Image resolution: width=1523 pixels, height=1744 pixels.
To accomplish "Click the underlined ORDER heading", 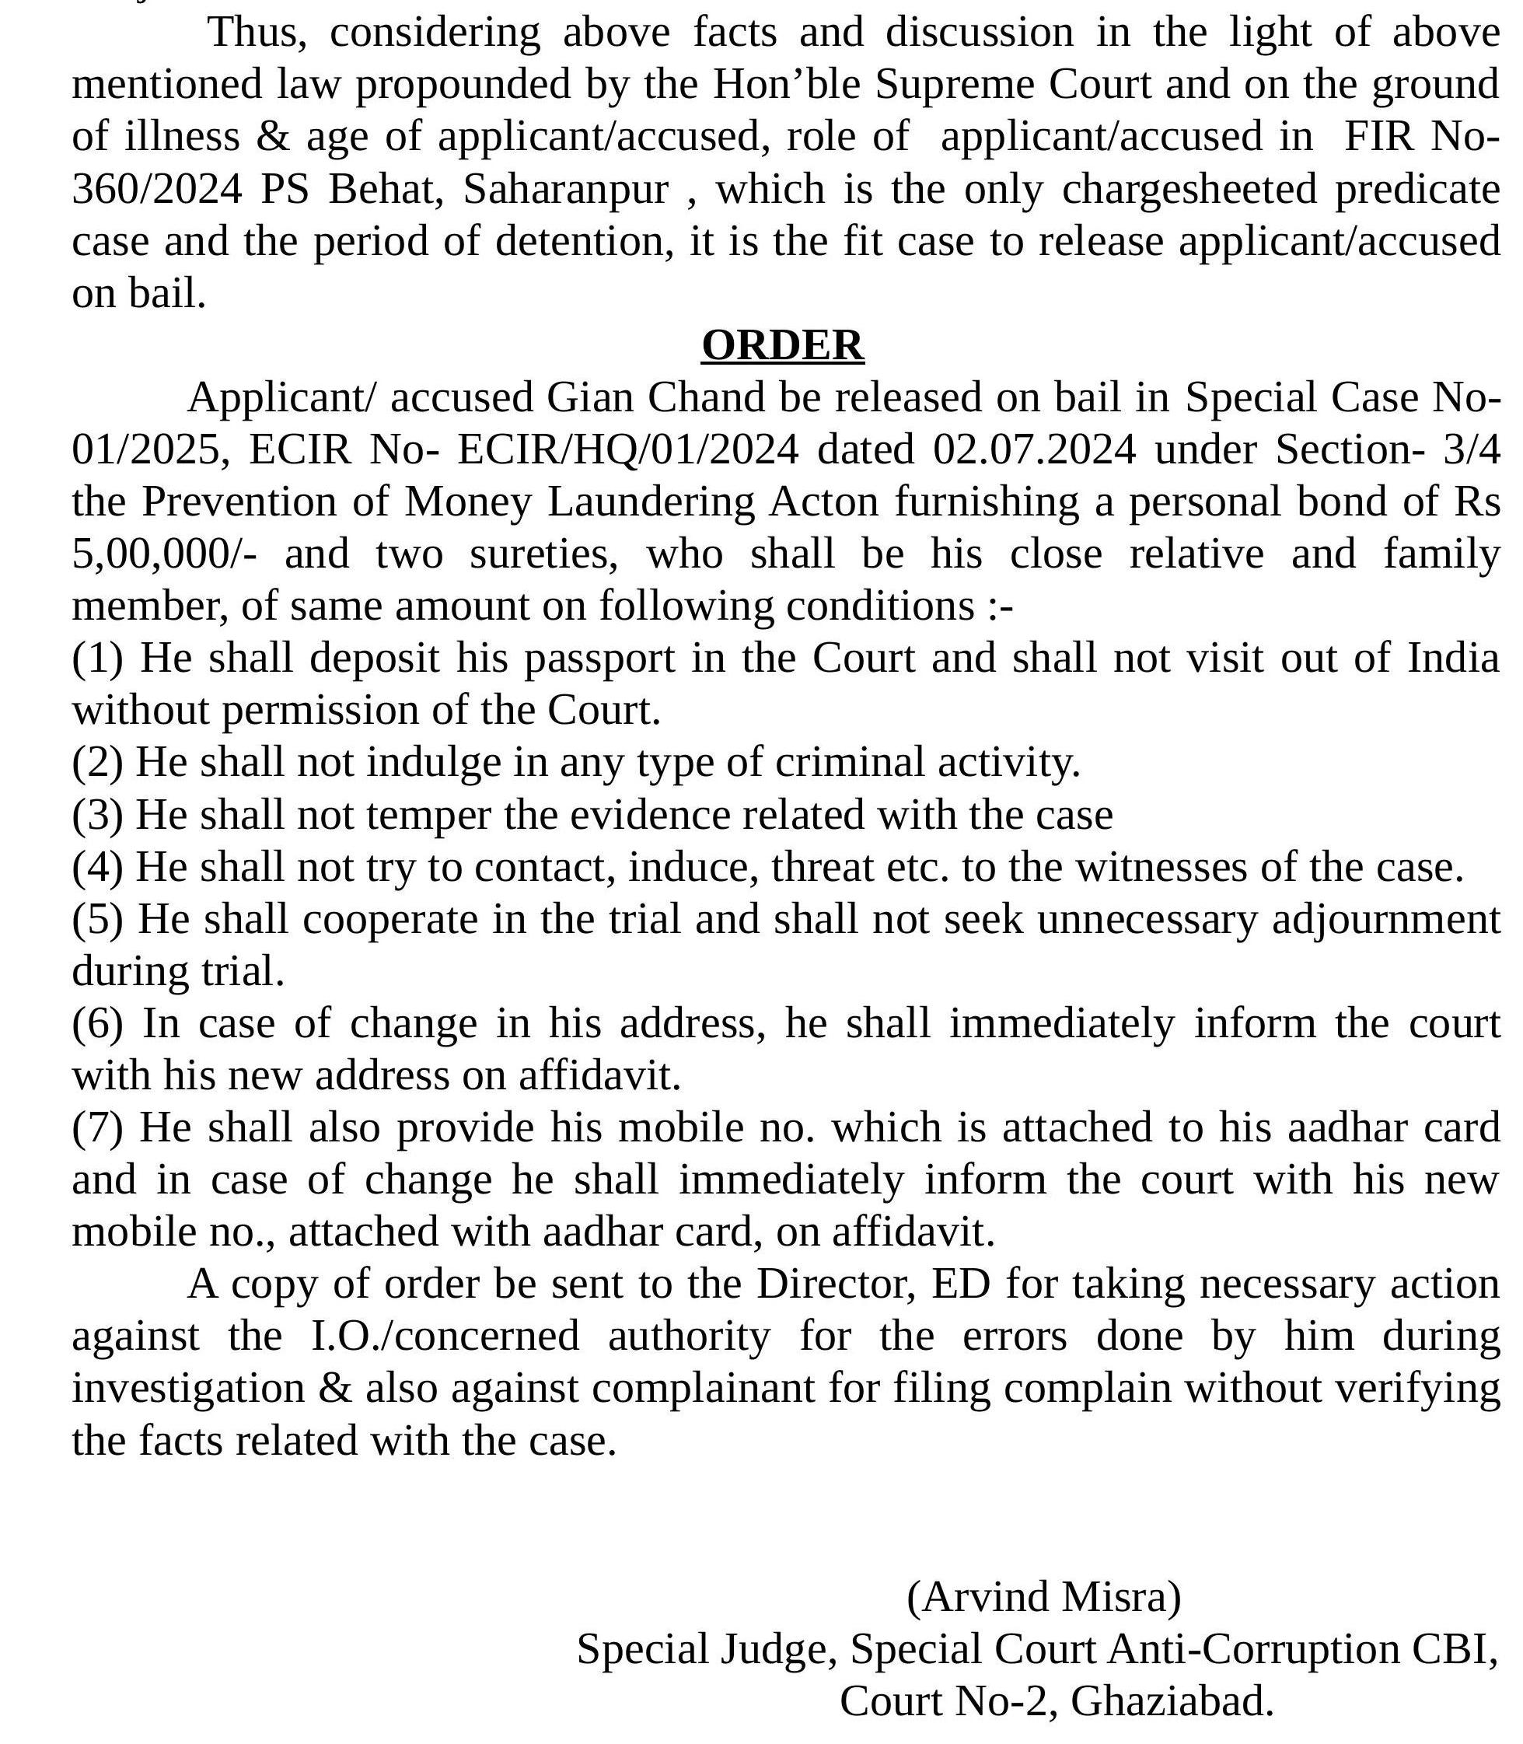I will (x=782, y=345).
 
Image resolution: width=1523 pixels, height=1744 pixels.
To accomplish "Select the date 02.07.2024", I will (x=1034, y=449).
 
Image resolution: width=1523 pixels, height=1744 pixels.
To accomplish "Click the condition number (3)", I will (x=97, y=815).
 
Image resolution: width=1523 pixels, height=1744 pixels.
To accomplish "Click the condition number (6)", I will (x=97, y=1023).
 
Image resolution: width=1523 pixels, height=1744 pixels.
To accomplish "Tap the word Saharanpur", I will (x=566, y=189).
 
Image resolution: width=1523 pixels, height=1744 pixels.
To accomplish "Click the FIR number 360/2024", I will (x=156, y=189).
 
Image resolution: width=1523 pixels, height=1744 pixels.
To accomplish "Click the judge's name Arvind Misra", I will (x=1043, y=1597).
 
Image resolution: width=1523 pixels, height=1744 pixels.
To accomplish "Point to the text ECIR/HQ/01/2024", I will (x=628, y=449).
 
